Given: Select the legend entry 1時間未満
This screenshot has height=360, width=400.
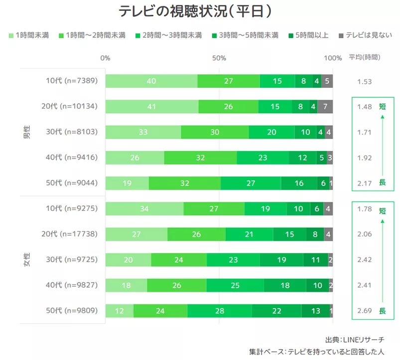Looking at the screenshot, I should point(29,35).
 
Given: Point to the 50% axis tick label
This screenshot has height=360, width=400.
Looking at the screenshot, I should point(219,58).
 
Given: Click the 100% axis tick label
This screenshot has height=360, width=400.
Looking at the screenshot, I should point(333,58).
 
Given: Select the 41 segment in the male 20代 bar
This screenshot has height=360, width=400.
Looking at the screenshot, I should point(151,106).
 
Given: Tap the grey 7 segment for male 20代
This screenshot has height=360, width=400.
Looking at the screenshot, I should point(325,106).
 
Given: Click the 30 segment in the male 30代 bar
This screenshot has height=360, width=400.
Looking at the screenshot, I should point(214,132).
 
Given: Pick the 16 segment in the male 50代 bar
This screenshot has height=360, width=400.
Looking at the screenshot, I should point(299,183).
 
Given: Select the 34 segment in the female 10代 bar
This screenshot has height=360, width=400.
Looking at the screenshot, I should point(144,208).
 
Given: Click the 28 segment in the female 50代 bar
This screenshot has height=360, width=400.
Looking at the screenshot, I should point(219,311).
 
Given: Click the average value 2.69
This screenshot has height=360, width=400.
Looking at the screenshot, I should point(365,311).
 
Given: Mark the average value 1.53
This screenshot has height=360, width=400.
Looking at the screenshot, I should point(365,81).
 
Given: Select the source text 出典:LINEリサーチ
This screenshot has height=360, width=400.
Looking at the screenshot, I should point(354,340).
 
